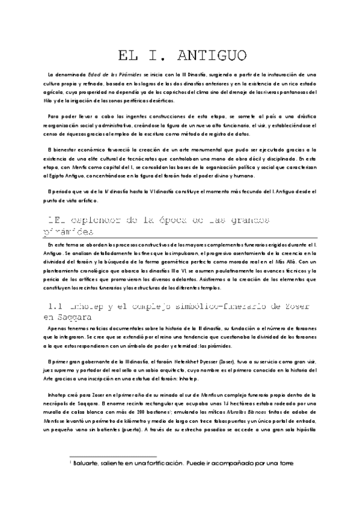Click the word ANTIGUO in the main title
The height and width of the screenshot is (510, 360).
coord(213,56)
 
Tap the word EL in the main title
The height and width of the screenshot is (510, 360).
coord(129,56)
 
